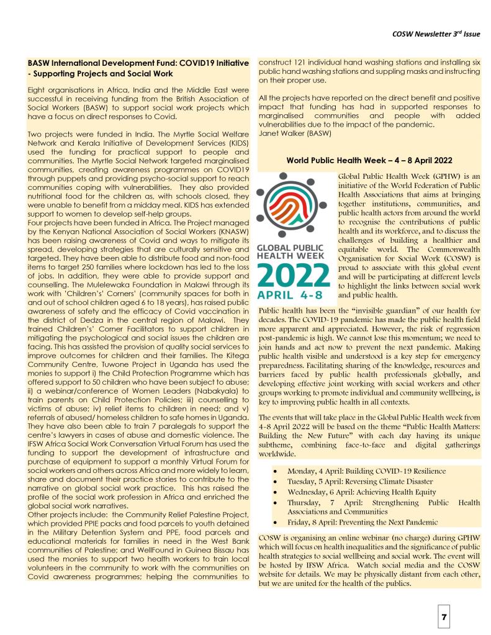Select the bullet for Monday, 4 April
275,471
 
